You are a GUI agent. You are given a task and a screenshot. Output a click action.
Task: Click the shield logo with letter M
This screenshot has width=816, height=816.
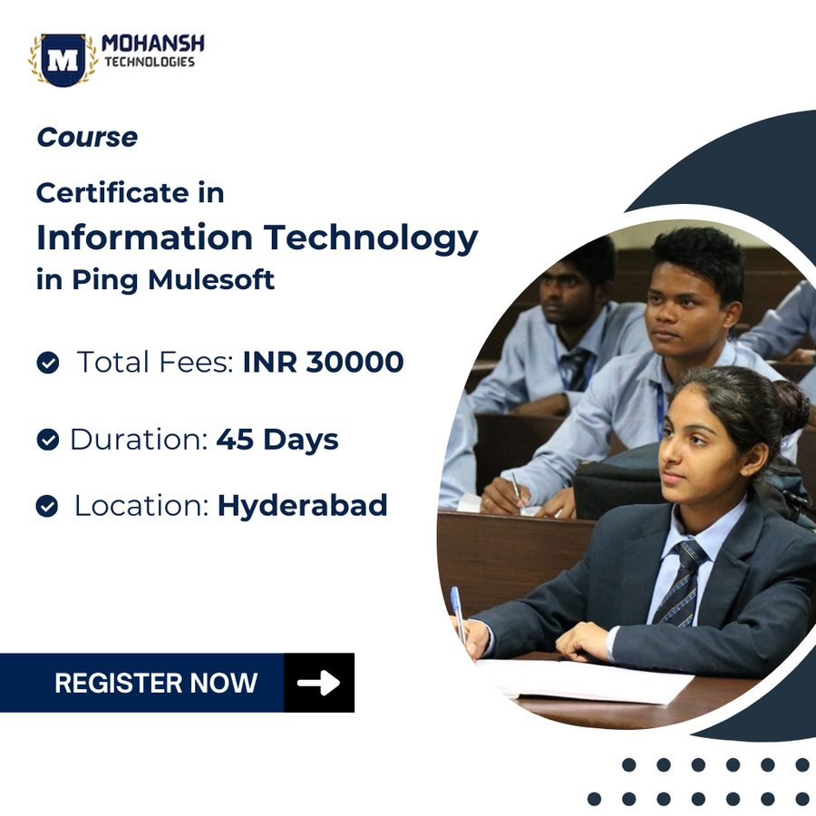click(x=63, y=60)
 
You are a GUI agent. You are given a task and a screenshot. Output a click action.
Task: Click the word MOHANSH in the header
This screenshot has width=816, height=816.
click(x=153, y=44)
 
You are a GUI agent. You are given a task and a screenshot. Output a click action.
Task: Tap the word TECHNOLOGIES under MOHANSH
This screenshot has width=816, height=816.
click(x=149, y=63)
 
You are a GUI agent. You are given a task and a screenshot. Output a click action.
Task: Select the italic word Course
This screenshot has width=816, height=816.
click(x=87, y=138)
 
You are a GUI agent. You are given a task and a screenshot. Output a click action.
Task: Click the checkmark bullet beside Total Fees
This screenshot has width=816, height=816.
click(x=47, y=364)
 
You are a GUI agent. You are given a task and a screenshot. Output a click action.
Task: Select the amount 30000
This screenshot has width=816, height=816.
click(x=355, y=362)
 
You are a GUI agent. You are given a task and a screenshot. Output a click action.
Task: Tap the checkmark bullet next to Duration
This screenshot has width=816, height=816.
click(x=47, y=441)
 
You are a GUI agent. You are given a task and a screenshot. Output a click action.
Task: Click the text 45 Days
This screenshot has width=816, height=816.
click(x=277, y=440)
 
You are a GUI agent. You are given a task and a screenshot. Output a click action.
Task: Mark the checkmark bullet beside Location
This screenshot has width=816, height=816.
click(x=47, y=506)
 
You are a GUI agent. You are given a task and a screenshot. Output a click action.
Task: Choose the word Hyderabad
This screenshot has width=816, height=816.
click(x=302, y=505)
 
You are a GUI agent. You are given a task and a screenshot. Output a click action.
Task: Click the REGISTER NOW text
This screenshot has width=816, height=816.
click(x=156, y=683)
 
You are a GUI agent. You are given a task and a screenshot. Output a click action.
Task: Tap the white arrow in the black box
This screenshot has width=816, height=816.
click(x=318, y=683)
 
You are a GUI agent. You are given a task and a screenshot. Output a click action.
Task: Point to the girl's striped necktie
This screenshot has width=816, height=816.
click(x=680, y=580)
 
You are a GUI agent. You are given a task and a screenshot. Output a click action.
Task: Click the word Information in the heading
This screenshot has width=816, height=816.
click(x=144, y=238)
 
